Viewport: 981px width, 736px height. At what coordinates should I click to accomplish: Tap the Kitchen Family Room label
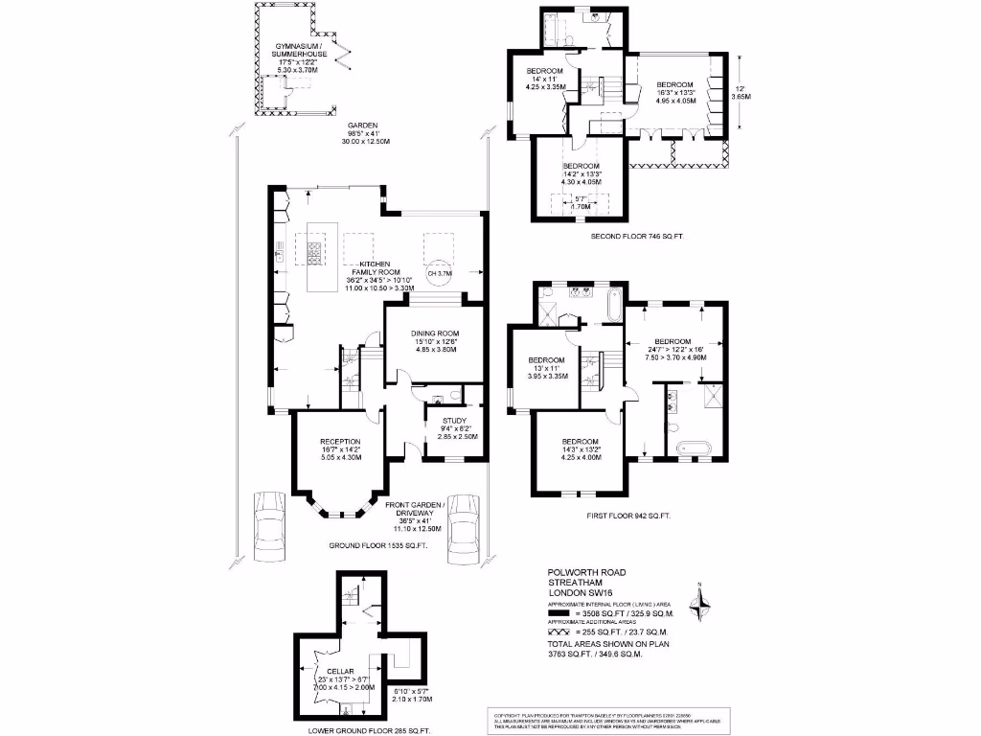373,275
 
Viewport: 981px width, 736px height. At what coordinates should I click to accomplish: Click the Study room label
456,427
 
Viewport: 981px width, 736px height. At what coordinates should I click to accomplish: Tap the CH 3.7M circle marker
438,273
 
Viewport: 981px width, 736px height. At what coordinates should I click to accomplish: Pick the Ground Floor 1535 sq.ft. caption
379,545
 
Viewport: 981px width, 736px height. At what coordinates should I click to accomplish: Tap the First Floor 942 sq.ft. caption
628,516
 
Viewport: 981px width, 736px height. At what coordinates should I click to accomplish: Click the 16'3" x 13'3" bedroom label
674,92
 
